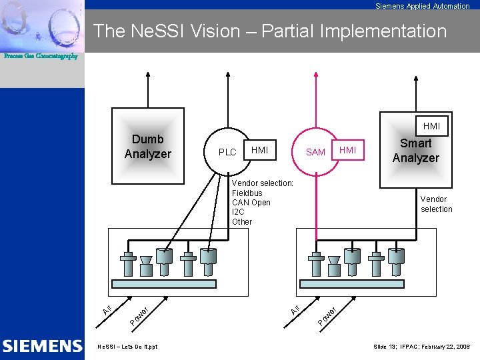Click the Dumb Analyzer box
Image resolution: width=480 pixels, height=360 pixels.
(x=147, y=146)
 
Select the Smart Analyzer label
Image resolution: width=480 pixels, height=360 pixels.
(x=416, y=151)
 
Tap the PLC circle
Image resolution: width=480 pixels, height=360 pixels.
(x=227, y=152)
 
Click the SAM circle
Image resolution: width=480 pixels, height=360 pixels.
(x=315, y=152)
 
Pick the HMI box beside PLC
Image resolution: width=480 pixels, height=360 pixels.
(x=260, y=151)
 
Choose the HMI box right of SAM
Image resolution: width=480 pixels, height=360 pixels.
(x=348, y=151)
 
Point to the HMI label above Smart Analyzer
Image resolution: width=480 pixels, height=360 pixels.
(x=431, y=126)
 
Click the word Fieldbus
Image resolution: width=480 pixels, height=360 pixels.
(x=247, y=193)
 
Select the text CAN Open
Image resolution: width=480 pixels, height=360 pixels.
(x=251, y=203)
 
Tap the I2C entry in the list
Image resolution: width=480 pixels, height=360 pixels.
(x=238, y=212)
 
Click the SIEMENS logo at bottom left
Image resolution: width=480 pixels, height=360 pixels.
(x=42, y=346)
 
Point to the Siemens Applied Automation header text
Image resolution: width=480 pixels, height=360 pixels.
(x=422, y=6)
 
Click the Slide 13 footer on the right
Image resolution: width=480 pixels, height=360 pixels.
(x=421, y=347)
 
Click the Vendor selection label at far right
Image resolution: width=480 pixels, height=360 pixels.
(x=436, y=204)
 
